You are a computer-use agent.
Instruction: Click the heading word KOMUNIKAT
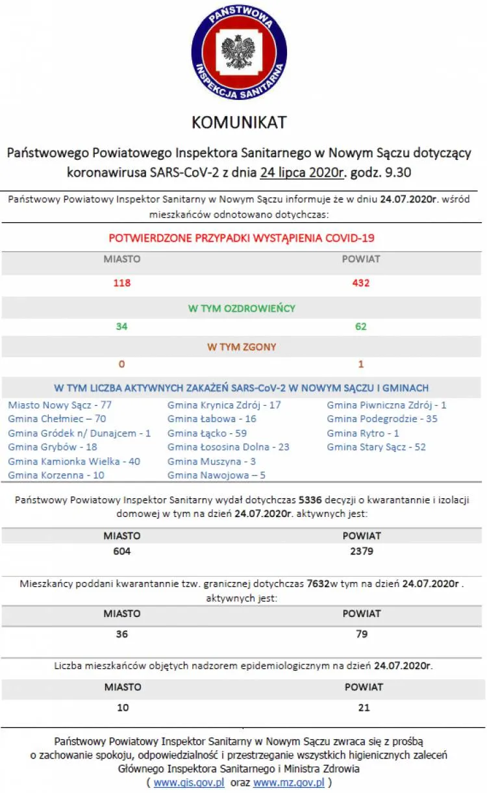coord(239,122)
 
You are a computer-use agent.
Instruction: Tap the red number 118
coord(122,283)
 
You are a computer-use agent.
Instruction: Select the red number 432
coord(361,283)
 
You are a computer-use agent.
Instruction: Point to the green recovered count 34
coord(121,326)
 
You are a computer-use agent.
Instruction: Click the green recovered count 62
coord(361,326)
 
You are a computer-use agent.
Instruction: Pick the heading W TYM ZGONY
coord(242,347)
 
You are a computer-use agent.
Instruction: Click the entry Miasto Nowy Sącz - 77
coord(60,405)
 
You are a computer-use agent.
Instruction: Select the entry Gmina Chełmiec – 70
coord(57,419)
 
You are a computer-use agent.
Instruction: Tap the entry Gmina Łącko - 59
coord(207,433)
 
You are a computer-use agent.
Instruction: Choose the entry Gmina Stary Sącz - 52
coord(377,447)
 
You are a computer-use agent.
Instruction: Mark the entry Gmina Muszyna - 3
coord(212,461)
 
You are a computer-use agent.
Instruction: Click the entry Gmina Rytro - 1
coord(363,433)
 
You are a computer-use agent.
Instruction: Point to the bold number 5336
coord(309,500)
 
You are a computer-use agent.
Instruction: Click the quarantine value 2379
coord(362,551)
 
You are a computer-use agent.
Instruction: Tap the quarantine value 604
coord(122,551)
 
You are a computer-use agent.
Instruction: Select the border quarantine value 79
coord(362,634)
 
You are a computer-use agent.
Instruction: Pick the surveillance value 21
coord(364,707)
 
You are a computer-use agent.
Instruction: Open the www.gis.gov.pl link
coord(189,783)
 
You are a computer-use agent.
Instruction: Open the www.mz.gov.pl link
coord(289,783)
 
